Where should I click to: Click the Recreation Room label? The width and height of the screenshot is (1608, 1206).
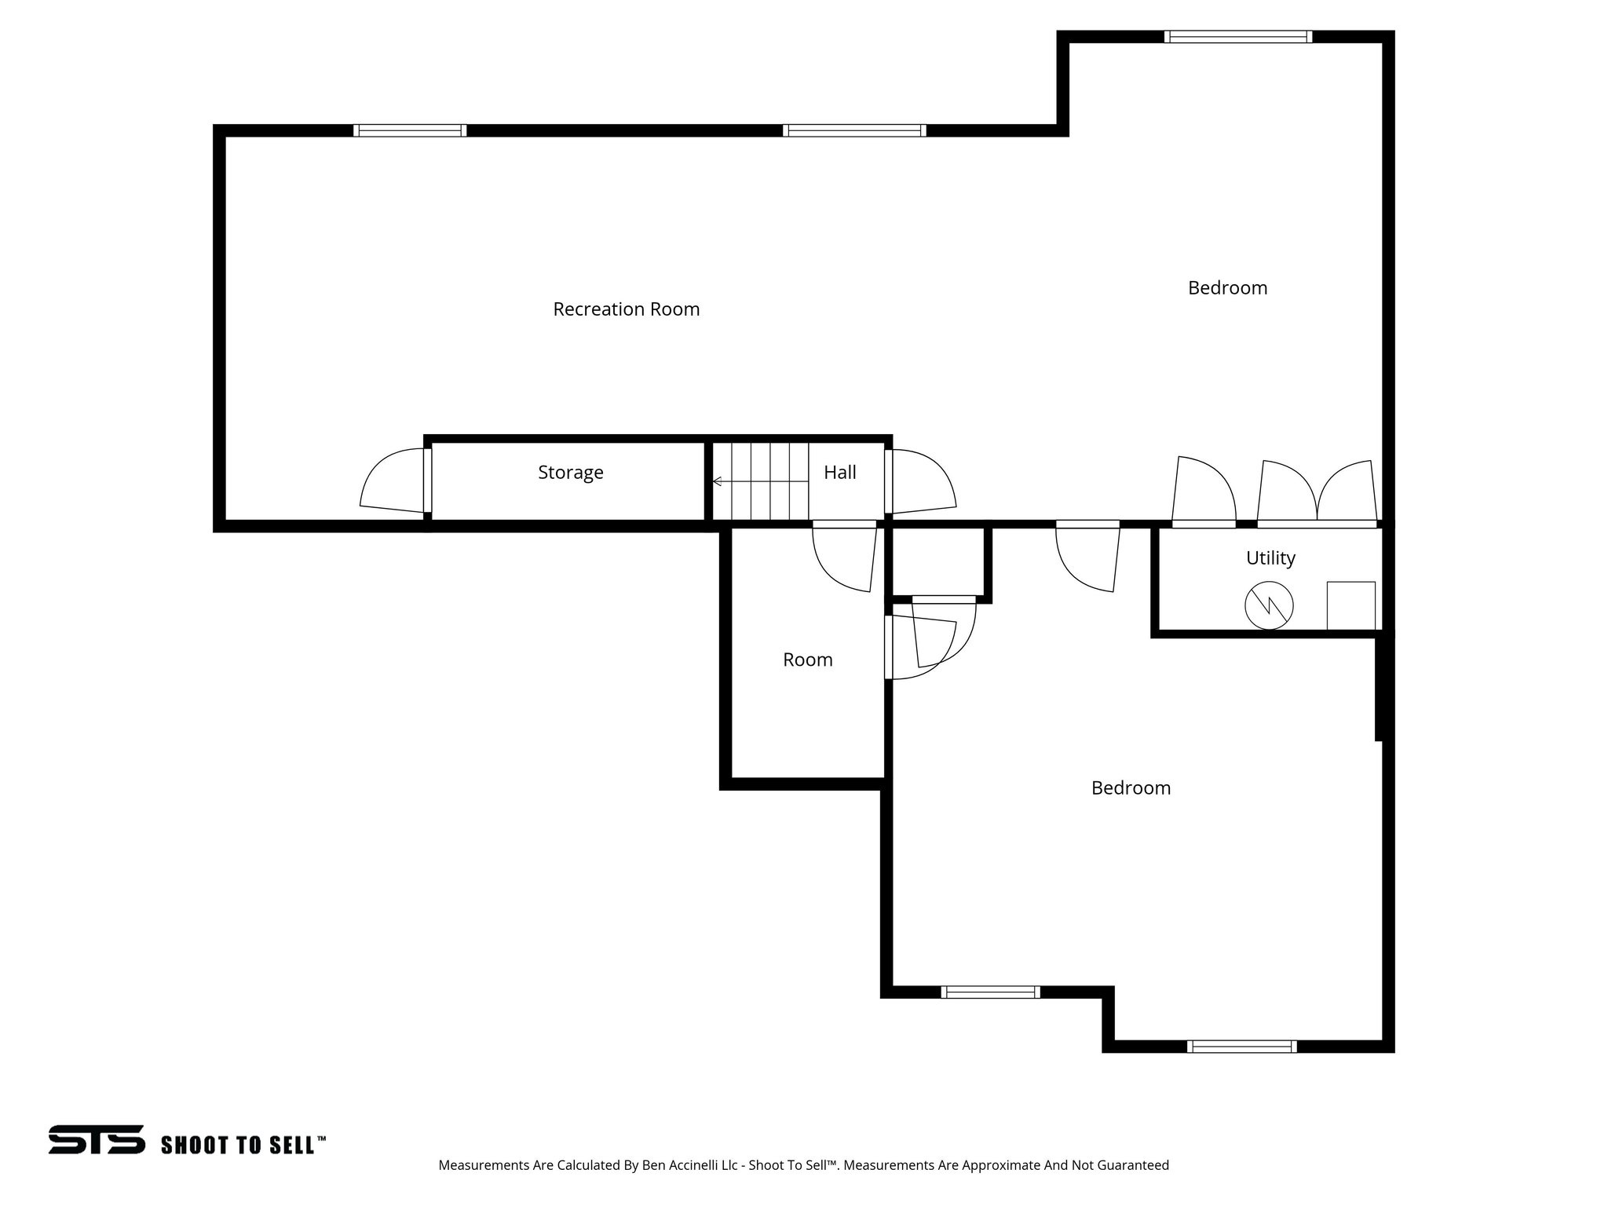[626, 309]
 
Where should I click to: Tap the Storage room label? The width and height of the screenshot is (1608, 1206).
[570, 472]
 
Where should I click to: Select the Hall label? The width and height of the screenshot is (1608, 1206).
[839, 472]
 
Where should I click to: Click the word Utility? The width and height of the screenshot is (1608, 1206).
[1270, 557]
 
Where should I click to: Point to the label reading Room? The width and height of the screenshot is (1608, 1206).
[807, 660]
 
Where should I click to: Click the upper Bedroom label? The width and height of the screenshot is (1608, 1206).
[1226, 288]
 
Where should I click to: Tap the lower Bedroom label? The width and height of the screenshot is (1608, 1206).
[1130, 788]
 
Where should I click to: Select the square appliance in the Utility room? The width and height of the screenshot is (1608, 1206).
[1350, 605]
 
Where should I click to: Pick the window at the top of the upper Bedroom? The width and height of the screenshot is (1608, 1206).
[1237, 37]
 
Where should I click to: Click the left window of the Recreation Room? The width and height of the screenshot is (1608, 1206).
[409, 130]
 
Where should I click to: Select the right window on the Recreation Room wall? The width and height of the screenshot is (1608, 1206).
[854, 130]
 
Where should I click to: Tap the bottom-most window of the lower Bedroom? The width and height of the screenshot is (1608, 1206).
[1241, 1046]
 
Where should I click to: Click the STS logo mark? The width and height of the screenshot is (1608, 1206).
[97, 1139]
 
